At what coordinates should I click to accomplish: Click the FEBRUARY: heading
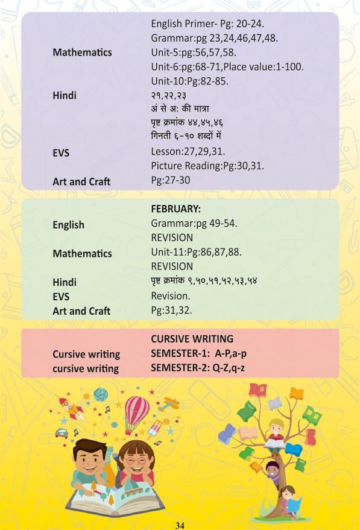175,209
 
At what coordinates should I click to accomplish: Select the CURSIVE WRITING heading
192,339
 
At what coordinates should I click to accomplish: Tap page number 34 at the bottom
180,525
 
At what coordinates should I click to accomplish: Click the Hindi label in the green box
65,282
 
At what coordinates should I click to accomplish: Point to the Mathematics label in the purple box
82,52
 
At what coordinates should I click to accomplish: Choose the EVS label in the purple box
61,153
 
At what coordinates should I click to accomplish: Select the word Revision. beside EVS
171,296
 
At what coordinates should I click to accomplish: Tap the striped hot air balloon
136,411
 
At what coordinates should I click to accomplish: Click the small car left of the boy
61,432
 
